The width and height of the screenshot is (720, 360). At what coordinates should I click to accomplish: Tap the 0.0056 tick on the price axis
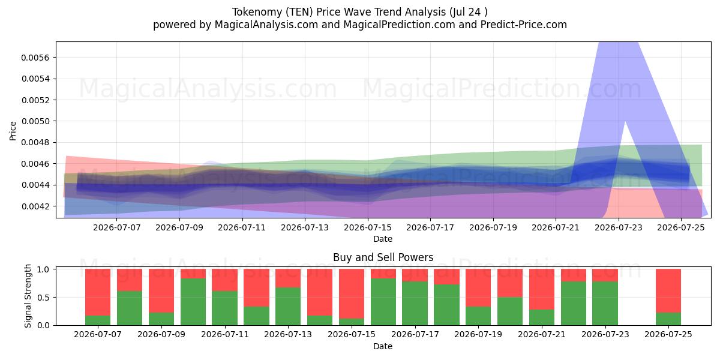[35, 58]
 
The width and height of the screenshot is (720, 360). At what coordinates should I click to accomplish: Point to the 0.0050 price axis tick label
[35, 121]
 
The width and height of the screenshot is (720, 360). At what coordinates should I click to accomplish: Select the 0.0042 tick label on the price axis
[35, 206]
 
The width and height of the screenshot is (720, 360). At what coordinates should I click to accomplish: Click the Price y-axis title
[13, 131]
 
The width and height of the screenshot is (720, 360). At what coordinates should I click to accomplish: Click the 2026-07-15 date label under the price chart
[368, 227]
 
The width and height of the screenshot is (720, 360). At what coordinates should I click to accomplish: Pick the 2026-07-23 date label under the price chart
[619, 227]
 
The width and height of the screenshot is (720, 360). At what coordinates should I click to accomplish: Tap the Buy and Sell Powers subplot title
[383, 257]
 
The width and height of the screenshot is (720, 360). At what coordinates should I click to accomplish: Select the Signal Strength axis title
[28, 296]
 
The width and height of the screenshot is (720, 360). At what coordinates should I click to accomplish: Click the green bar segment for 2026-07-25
[668, 319]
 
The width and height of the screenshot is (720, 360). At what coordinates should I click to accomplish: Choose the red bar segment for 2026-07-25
[668, 291]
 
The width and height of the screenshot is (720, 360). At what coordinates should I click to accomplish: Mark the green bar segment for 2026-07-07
[98, 320]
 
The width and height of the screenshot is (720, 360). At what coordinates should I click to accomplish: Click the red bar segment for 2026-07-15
[352, 294]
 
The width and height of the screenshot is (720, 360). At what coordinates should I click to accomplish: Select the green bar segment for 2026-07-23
[605, 303]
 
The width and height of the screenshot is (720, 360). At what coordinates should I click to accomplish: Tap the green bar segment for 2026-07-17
[415, 303]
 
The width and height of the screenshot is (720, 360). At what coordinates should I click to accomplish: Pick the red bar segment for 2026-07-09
[161, 291]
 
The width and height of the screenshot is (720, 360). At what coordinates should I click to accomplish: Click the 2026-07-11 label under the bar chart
[225, 335]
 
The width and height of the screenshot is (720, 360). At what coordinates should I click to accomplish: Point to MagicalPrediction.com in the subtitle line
[399, 25]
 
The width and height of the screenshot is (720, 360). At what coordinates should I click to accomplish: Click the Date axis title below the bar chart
[383, 346]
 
